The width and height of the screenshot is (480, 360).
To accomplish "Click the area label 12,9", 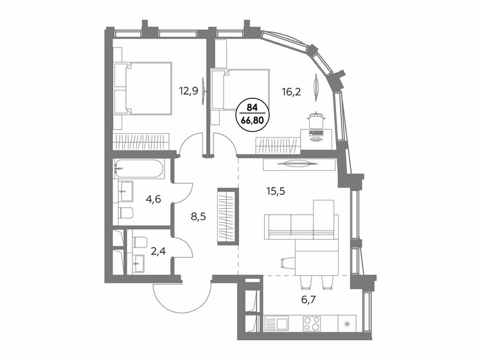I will point(189,91).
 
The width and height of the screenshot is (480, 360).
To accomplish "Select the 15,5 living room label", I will point(278,191).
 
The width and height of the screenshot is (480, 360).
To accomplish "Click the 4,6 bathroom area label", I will point(152,199).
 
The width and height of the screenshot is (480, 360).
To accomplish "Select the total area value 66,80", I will point(252,119).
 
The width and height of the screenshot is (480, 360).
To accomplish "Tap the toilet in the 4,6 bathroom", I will point(126,213).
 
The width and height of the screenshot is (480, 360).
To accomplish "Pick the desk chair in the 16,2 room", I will point(316,120).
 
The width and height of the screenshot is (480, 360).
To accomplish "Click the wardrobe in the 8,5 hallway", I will point(227,215).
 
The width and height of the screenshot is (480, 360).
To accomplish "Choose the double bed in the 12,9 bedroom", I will point(143,89).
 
